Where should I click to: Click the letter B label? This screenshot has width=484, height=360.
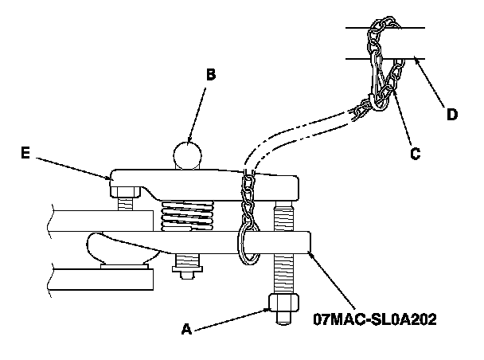pyautogui.click(x=210, y=76)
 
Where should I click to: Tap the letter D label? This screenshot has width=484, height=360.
pyautogui.click(x=451, y=114)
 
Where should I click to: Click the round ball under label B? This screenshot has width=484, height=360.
pyautogui.click(x=189, y=155)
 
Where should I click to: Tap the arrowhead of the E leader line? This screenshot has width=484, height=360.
pyautogui.click(x=111, y=177)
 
